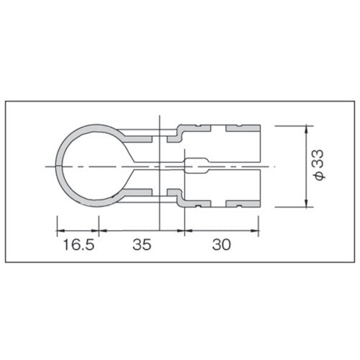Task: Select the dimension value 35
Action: (x=142, y=246)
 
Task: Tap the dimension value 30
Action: (x=221, y=246)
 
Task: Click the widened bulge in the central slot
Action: (x=197, y=166)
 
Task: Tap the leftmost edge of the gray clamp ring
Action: (x=57, y=166)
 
